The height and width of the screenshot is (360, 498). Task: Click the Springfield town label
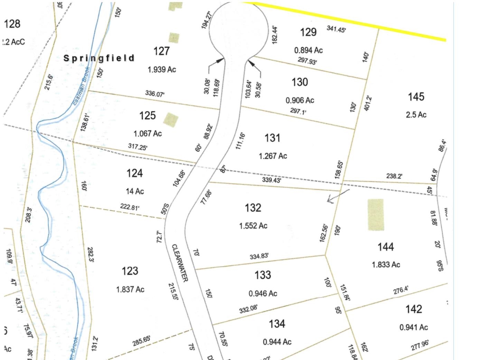pos(99,58)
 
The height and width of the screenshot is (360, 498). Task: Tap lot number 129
pos(308,32)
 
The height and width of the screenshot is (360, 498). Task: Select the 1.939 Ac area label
pos(162,69)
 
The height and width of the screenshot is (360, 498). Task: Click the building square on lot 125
pos(171,119)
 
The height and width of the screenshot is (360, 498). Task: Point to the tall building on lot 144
pos(375,215)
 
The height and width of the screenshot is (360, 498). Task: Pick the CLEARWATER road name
pos(180,263)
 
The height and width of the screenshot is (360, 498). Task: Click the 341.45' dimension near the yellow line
pos(336,29)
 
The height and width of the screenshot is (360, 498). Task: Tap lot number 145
pos(416,97)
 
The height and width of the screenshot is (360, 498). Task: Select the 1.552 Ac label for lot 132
pos(253,226)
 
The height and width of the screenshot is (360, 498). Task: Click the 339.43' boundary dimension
pos(271,180)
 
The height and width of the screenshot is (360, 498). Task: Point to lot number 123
pos(130,271)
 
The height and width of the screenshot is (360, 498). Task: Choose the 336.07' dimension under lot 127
pos(155,93)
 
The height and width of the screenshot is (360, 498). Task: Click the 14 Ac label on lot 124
pos(135,191)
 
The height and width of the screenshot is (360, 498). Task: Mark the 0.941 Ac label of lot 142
pos(414,327)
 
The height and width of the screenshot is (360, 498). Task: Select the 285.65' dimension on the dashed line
pos(142,341)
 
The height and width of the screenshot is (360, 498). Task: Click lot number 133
pos(263,275)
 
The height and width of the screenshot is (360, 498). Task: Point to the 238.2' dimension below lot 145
pos(394,176)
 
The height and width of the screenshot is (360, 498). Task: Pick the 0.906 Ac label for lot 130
pos(300,100)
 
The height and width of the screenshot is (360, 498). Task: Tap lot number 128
pos(12,24)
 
